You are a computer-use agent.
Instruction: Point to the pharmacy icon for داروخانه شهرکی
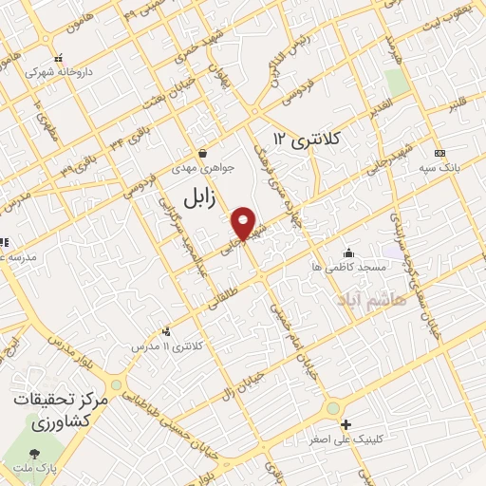(x=59, y=57)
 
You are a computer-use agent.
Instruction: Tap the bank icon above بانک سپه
(x=439, y=153)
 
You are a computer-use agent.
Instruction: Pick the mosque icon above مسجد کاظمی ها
(x=348, y=252)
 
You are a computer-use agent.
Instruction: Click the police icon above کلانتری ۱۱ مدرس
(x=166, y=331)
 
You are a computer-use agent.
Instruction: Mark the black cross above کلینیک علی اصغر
(x=346, y=424)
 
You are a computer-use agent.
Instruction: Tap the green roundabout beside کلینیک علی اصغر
(x=333, y=409)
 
